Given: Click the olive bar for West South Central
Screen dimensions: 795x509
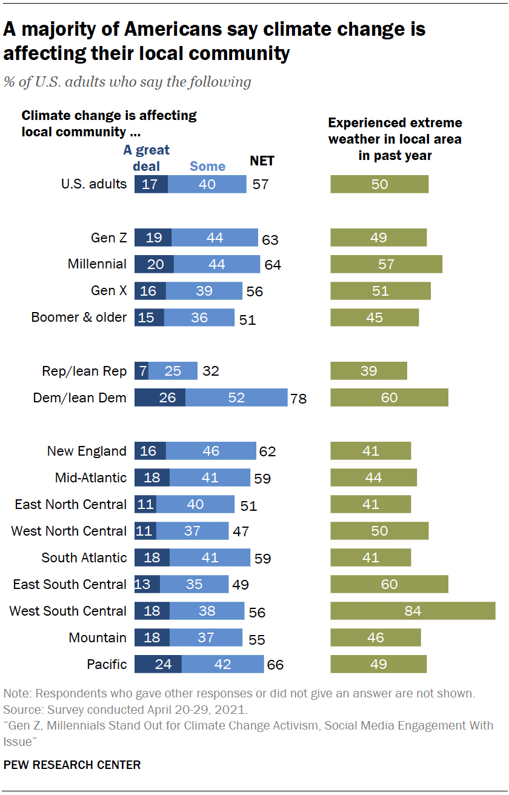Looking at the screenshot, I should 413,611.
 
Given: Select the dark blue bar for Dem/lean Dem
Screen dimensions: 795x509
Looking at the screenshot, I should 160,397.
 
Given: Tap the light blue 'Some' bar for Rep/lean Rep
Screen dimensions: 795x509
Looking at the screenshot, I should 173,371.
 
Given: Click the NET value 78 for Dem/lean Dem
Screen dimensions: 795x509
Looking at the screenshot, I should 298,399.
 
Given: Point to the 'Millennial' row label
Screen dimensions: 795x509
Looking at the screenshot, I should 97,264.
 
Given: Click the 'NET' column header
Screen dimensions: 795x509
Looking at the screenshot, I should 262,161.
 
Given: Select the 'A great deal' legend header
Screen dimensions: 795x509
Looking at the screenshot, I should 147,158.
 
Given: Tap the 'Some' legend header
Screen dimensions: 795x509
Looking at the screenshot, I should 207,166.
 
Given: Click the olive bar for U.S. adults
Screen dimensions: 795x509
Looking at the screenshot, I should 379,184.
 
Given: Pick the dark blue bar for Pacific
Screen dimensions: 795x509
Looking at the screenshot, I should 158,664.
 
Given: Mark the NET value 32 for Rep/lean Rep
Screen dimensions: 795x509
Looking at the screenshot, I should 210,371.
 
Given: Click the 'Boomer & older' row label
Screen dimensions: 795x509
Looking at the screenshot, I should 79,318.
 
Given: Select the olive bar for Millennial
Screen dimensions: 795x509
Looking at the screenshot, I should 386,264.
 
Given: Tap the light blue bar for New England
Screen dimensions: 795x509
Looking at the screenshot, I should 211,451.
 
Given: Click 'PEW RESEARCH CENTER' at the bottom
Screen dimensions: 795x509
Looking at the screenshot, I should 72,765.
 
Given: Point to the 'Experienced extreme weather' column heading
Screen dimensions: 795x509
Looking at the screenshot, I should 395,139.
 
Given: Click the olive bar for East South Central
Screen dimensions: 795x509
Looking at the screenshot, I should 389,584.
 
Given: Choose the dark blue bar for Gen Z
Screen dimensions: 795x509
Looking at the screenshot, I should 153,238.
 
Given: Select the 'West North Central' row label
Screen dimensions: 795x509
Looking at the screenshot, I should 69,531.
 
